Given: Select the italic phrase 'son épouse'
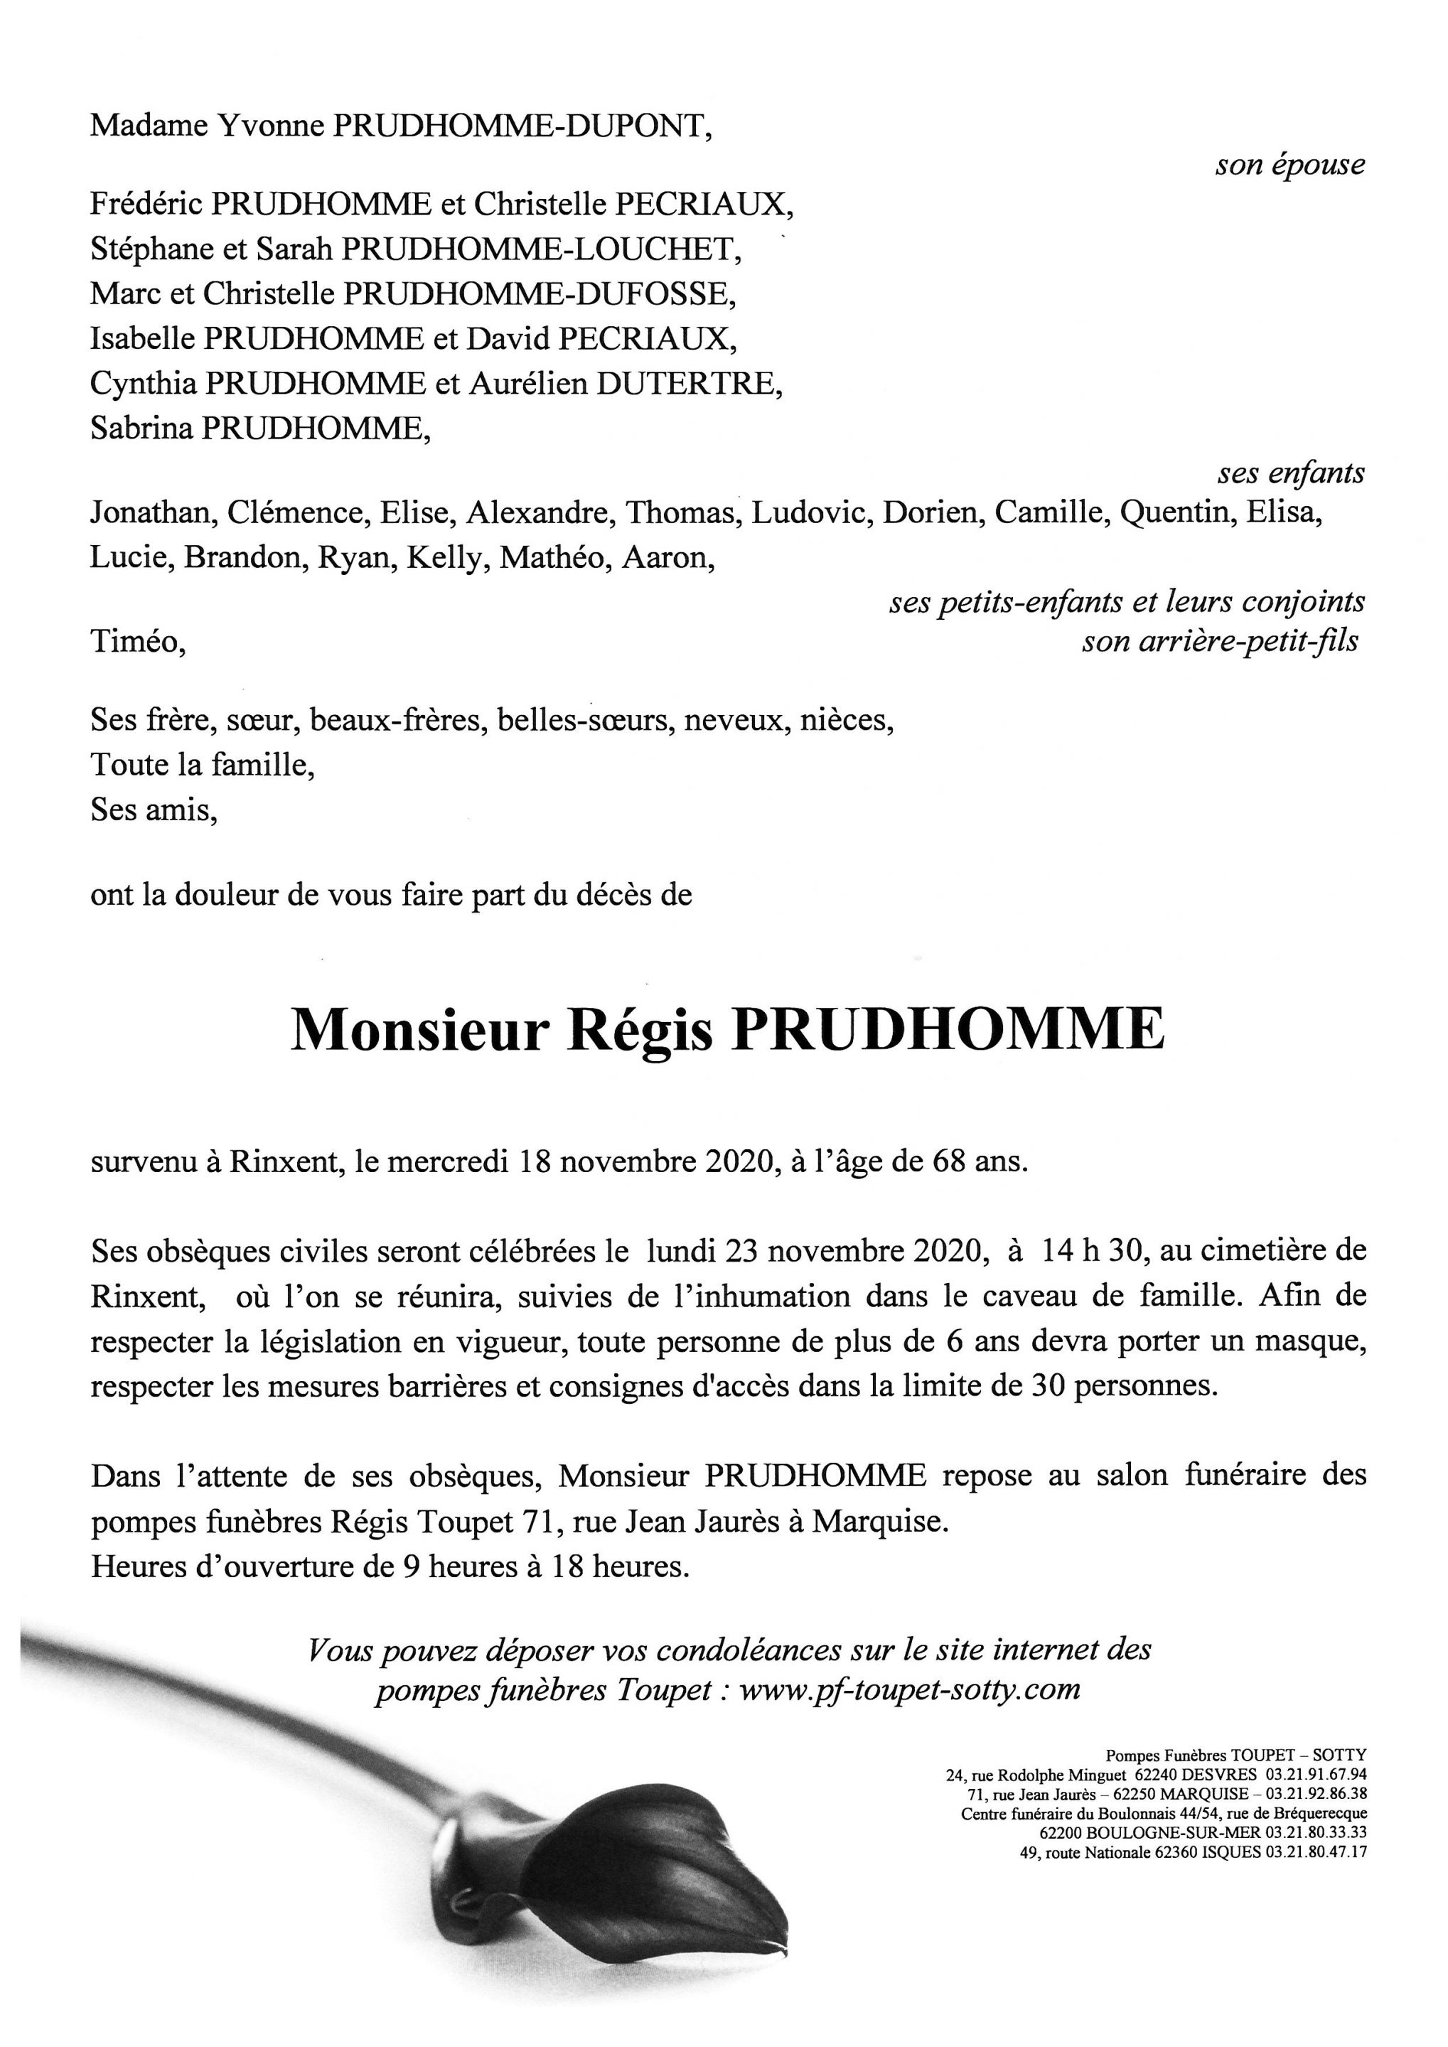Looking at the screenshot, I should (x=1289, y=165).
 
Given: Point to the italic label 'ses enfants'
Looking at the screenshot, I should (x=1291, y=473).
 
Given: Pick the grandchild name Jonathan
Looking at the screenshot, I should (x=151, y=512).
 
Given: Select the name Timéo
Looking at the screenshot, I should (x=137, y=641).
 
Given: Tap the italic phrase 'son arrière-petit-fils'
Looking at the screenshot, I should (x=1220, y=641).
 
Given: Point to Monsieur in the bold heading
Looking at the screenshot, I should (x=417, y=1031).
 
